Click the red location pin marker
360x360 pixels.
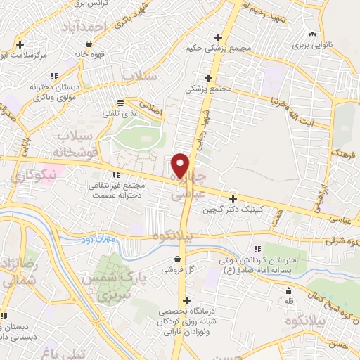click(x=181, y=165)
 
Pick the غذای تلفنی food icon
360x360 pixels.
click(x=120, y=101)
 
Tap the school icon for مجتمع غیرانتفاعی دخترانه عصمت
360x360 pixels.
click(x=116, y=174)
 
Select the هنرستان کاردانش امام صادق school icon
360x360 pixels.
click(x=257, y=249)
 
